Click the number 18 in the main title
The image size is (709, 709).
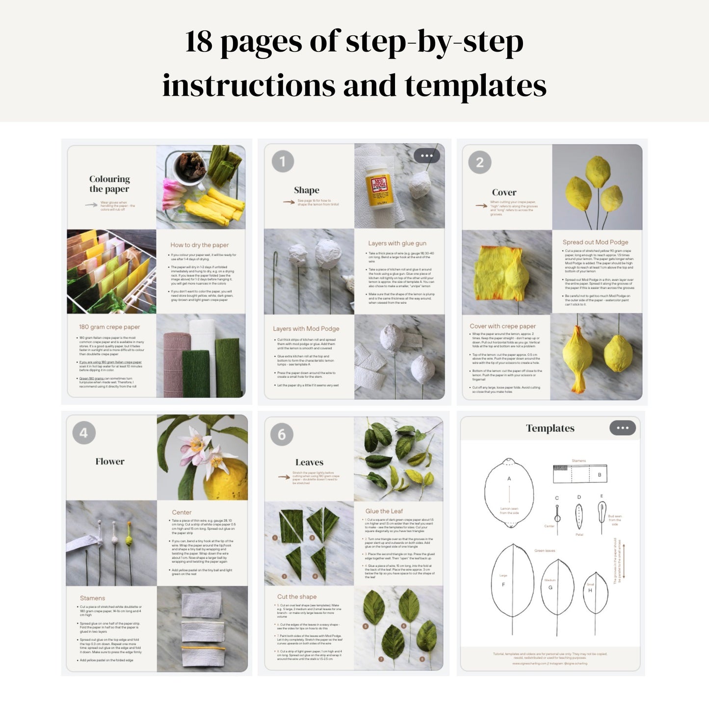click(199, 42)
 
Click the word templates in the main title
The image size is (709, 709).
click(475, 86)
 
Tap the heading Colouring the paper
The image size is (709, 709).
click(109, 184)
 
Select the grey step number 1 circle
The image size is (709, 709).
click(283, 161)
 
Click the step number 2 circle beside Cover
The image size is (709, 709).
click(479, 162)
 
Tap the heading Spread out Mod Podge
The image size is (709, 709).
click(595, 242)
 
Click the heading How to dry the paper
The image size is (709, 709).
click(199, 245)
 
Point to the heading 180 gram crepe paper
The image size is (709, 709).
click(109, 327)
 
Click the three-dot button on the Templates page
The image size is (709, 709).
click(622, 428)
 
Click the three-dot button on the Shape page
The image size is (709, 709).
click(426, 156)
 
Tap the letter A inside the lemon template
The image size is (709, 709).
click(509, 478)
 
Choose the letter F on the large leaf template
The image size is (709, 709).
click(503, 584)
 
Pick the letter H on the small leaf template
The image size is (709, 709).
click(590, 590)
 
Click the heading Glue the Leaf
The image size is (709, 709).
click(384, 511)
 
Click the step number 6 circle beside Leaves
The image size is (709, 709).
click(282, 434)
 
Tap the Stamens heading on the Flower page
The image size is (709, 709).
click(92, 598)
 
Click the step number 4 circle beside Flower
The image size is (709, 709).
click(84, 433)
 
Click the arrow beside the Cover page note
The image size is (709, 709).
click(481, 206)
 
